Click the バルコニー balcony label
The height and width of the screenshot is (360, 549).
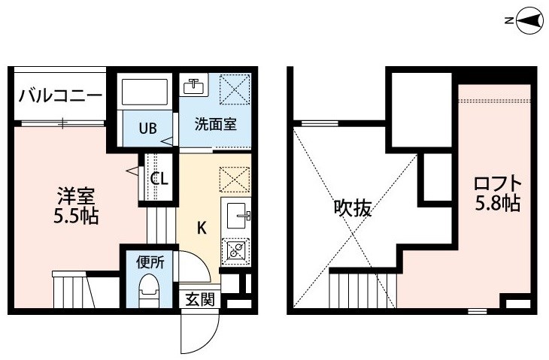60,95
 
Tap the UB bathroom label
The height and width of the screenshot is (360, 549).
147,129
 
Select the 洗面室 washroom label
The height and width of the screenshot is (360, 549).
215,124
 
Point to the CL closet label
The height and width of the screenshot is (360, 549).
159,179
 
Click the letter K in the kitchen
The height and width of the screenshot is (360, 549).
202,228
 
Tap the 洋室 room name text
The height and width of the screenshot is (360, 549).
76,196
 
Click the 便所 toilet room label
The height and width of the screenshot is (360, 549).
150,262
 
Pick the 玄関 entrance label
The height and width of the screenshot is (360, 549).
199,299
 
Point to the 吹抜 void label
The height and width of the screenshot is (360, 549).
352,208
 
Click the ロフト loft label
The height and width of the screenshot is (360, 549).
498,183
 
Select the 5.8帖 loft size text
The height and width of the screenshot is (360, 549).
498,203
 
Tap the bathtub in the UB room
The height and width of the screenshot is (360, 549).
144,92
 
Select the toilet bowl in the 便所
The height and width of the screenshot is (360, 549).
150,289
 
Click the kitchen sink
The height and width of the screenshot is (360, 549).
238,214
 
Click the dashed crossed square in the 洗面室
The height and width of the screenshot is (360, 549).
235,89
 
